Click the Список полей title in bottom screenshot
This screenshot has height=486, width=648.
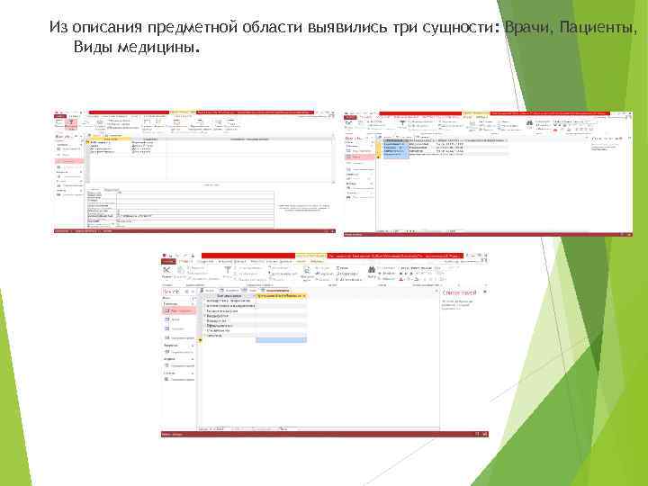tap(457, 292)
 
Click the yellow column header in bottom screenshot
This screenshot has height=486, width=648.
tap(281, 295)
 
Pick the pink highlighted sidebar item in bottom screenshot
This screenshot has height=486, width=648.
tap(180, 310)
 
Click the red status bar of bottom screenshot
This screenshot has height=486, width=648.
tap(324, 435)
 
